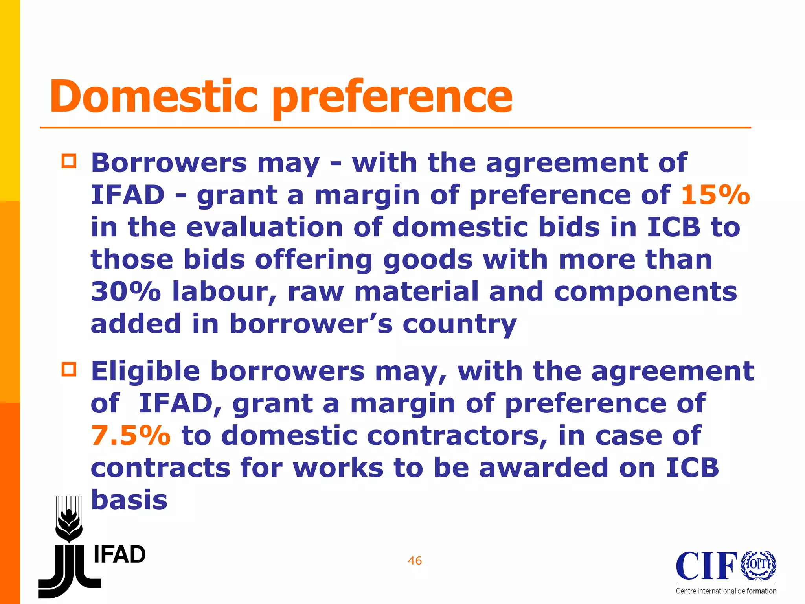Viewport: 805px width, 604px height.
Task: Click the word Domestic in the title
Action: tap(153, 96)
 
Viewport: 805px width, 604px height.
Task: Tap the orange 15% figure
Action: tap(715, 195)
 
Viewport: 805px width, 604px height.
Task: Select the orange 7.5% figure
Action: tap(131, 436)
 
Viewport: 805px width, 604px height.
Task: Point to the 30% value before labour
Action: tap(126, 292)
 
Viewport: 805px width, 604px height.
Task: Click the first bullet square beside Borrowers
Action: tap(69, 162)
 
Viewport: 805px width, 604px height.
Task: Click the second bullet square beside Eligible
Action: tap(69, 370)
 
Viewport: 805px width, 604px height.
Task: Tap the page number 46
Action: tap(415, 561)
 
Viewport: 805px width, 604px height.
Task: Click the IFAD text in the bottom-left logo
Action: tap(119, 555)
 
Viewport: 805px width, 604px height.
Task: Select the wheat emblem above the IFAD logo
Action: tap(69, 519)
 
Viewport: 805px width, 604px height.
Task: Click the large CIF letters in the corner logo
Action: tap(707, 566)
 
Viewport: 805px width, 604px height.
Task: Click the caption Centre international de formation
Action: tap(726, 591)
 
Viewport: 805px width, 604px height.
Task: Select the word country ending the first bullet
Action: tap(459, 324)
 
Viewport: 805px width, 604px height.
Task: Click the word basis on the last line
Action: tap(129, 500)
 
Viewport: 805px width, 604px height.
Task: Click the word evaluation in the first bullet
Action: tap(264, 227)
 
